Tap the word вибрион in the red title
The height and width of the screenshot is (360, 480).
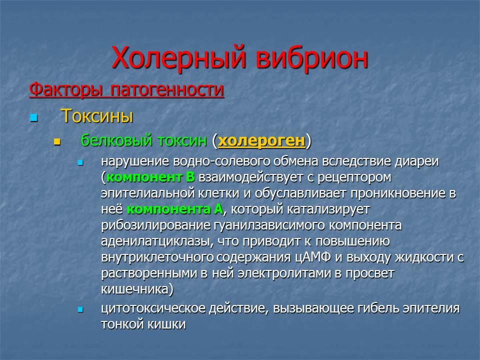click(x=311, y=56)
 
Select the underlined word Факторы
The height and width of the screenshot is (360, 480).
click(x=66, y=89)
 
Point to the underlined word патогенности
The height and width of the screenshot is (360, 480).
click(x=167, y=89)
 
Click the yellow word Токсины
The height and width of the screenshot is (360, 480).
click(x=97, y=116)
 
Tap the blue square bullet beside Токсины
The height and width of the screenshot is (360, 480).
click(x=33, y=117)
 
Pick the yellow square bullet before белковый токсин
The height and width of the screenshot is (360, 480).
click(x=57, y=141)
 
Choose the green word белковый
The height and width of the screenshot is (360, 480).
click(x=116, y=140)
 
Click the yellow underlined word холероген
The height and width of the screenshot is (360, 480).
click(x=261, y=141)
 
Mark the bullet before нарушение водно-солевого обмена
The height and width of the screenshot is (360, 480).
click(x=80, y=163)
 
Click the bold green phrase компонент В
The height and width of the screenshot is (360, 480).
click(x=150, y=177)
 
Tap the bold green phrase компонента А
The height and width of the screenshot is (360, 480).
click(x=175, y=209)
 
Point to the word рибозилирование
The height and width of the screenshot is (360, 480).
click(x=156, y=225)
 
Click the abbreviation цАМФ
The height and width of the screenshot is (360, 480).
click(x=313, y=257)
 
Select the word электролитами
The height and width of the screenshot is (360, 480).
click(x=284, y=273)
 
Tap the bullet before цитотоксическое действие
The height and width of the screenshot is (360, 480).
click(x=80, y=310)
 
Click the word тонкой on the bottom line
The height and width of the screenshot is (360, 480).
click(x=120, y=324)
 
